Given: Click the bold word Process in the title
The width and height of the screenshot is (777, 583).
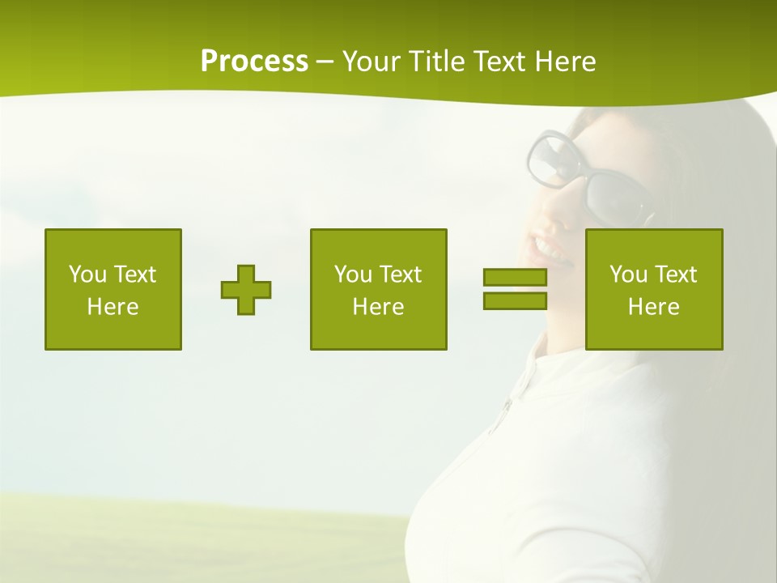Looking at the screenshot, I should coord(254,62).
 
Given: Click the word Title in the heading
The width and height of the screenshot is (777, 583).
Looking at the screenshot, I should coord(437,62).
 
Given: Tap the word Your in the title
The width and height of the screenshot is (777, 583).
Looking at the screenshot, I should coord(371,62).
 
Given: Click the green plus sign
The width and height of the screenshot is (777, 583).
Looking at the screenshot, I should coord(246,290).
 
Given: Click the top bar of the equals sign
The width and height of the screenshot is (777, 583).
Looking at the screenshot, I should coord(515,278).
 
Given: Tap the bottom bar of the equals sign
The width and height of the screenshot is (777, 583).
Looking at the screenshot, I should coord(515,301).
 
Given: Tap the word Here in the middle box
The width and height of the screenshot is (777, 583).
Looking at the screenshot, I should coord(379,307).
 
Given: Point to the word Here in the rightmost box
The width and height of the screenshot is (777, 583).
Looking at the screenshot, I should coord(654,307).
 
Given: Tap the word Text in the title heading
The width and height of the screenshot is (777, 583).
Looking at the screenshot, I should coord(499,62).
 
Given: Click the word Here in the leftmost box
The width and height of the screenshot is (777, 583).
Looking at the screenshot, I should coord(113,307).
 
